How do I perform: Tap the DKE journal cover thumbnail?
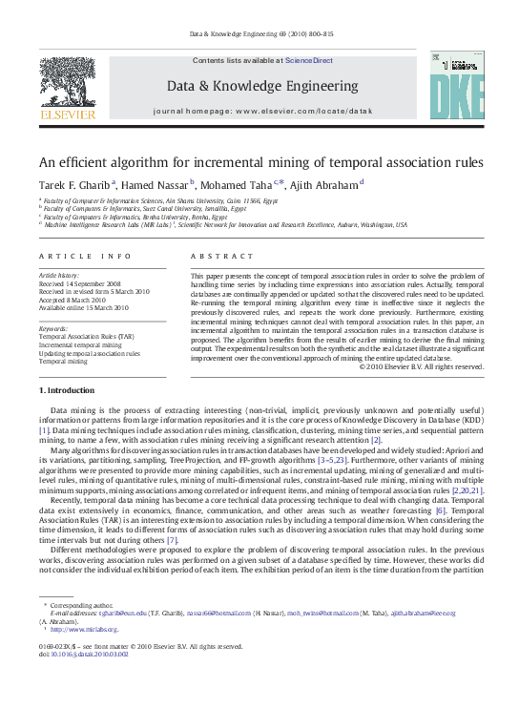point(456,88)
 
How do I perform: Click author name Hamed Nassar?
point(156,184)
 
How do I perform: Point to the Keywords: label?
point(53,328)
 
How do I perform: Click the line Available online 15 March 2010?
point(83,308)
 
